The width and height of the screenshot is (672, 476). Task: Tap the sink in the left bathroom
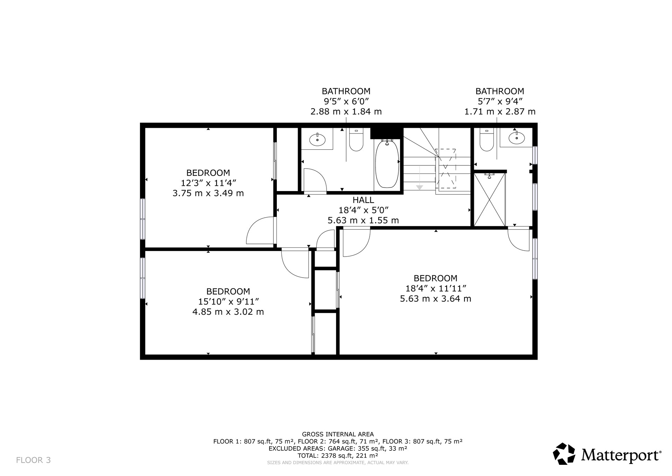point(317,140)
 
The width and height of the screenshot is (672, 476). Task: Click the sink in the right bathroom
point(517,138)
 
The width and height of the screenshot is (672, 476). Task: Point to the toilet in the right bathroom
point(486,140)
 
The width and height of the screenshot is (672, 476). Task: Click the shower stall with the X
point(489,199)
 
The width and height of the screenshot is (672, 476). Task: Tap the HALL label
point(363,200)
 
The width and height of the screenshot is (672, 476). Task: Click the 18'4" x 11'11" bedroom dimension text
point(436,288)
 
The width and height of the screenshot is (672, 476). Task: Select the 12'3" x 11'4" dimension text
point(208,183)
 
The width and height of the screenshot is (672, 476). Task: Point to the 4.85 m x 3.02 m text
point(228,312)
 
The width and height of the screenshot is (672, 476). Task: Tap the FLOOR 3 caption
point(34,460)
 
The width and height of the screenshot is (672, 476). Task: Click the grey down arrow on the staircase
point(420,188)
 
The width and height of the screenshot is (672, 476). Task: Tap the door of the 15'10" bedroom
point(295,263)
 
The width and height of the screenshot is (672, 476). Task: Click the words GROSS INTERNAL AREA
point(338,434)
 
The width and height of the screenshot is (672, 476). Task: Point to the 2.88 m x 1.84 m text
point(346,112)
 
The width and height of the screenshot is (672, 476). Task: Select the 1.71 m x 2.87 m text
point(500,112)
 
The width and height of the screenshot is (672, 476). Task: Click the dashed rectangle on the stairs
point(446,169)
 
